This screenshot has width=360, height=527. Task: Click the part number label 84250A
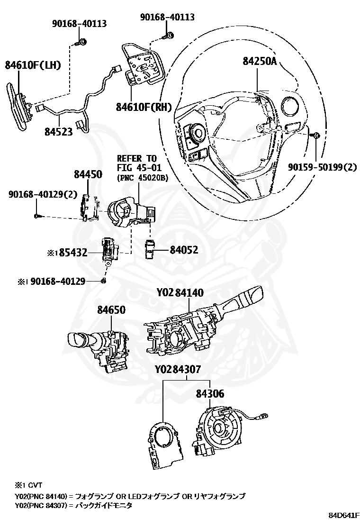[260, 62]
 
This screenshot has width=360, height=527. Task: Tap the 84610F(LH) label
[33, 65]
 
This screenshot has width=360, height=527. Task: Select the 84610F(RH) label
[144, 107]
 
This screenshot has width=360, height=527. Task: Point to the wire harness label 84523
[59, 131]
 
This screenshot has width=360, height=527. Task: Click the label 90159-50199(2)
[323, 167]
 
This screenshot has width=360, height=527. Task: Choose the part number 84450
[88, 175]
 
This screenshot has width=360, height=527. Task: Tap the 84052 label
[184, 250]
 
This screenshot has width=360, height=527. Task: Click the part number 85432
[73, 253]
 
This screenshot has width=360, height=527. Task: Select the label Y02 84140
[180, 293]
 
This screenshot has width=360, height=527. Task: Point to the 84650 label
[111, 310]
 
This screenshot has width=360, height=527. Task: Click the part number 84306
[210, 393]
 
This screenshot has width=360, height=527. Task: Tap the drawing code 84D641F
[344, 515]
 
